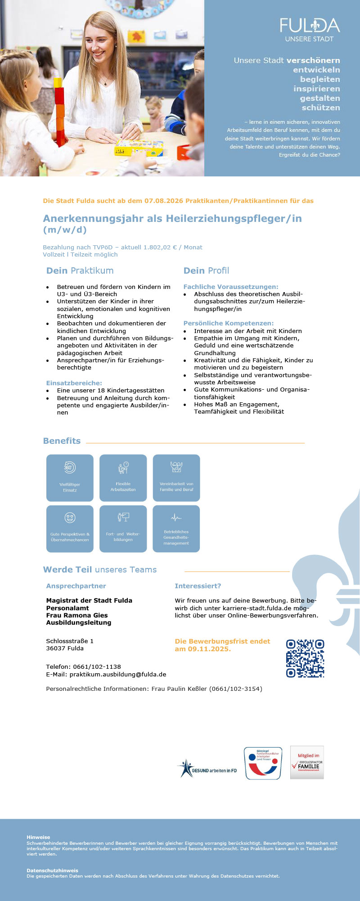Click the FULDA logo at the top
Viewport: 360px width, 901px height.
coord(310,30)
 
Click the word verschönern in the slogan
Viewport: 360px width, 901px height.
coord(313,60)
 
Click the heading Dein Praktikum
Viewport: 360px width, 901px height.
coord(80,270)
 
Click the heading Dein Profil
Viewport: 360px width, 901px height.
coord(206,270)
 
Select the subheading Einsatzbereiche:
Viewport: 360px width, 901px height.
coord(74,383)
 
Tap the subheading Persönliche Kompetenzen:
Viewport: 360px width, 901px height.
coord(229,323)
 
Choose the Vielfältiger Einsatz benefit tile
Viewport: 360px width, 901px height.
coord(70,478)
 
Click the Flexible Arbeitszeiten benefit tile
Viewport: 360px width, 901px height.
coord(123,478)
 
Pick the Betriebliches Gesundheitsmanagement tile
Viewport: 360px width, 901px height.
coord(176,529)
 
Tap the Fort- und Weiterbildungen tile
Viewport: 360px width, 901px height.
coord(123,529)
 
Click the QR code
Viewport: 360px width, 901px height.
coord(305,658)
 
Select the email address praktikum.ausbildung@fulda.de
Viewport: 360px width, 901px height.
coord(118,674)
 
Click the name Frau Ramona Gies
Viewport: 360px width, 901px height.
coord(77,615)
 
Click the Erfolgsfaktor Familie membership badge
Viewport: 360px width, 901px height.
coord(307,762)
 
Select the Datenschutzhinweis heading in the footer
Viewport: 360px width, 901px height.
coord(52,870)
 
